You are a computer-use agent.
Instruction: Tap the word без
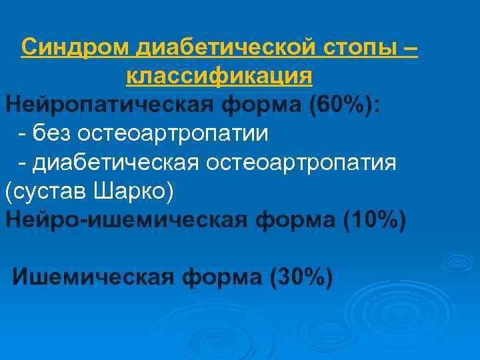click(51, 133)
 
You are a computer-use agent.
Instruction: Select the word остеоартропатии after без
click(173, 133)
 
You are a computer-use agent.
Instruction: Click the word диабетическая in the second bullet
click(120, 162)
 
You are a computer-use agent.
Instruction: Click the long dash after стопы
click(411, 48)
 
